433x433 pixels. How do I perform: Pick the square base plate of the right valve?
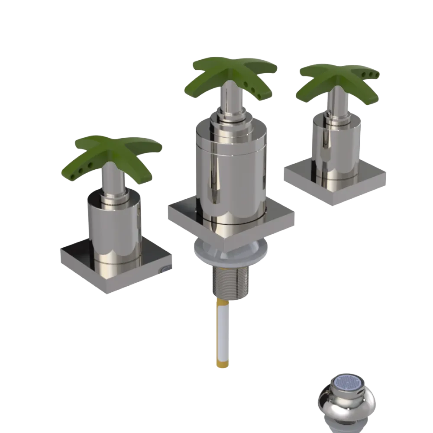click(x=303, y=178)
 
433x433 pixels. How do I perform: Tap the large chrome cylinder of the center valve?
click(x=229, y=173)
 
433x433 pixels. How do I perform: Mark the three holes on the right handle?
click(x=372, y=74)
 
